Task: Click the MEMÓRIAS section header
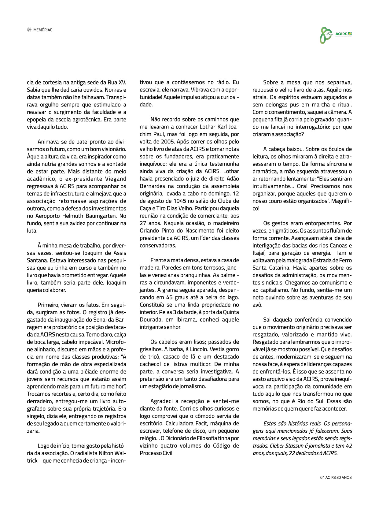[x=43, y=30]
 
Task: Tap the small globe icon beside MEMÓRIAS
[x=29, y=30]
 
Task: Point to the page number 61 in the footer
[x=322, y=477]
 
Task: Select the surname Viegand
[x=116, y=179]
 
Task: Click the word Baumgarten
[x=101, y=216]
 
